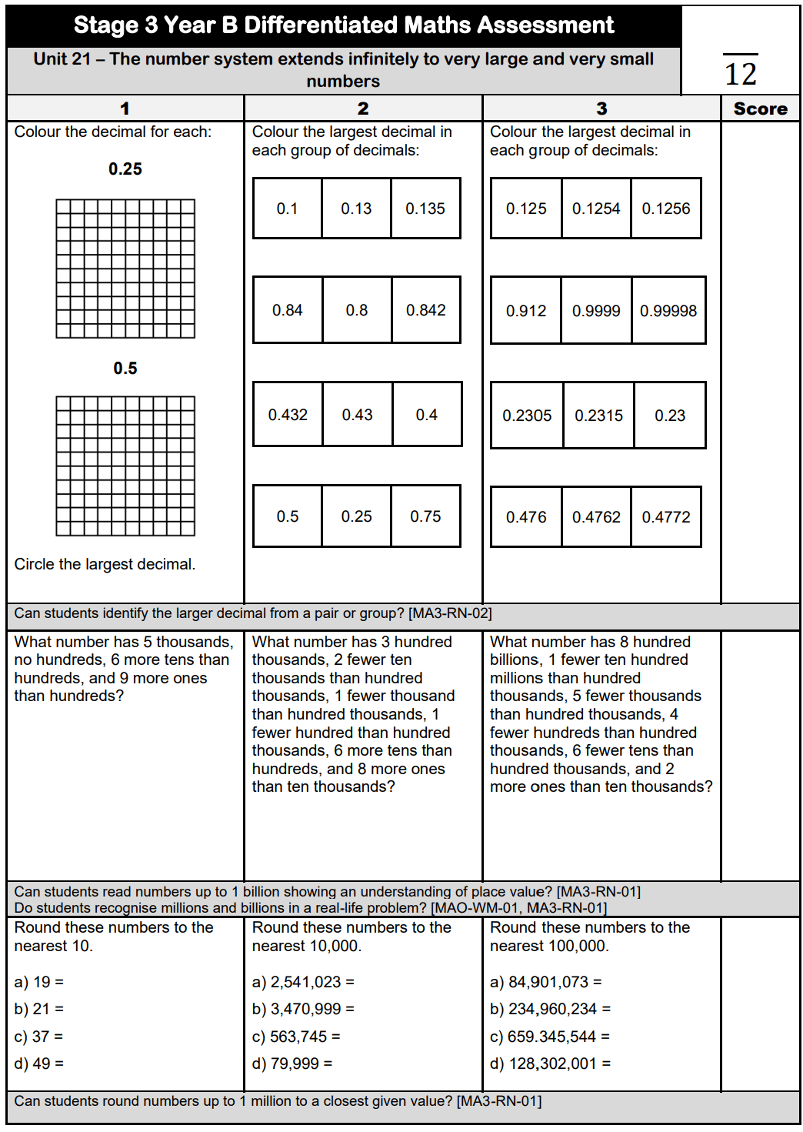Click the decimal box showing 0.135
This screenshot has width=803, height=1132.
425,209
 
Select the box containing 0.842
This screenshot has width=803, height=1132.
426,310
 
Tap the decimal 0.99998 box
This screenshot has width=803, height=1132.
668,311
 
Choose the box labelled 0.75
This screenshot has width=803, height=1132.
425,516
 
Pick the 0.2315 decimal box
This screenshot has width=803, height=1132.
598,416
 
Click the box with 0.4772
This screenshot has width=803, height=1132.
666,517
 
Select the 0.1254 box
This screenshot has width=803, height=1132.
596,209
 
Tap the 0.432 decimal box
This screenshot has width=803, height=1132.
288,415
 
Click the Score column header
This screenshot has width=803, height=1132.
760,109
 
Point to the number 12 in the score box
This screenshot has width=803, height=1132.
741,74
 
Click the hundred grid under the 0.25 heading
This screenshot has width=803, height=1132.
125,269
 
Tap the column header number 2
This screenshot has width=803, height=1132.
363,109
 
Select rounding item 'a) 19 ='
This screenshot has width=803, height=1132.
39,982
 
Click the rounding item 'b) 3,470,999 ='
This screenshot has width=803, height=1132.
303,1009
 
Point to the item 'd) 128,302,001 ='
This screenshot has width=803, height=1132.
550,1064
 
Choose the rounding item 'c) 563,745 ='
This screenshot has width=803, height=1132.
296,1037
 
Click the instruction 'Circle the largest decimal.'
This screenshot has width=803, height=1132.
105,564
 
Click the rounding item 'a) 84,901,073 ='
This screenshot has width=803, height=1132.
545,982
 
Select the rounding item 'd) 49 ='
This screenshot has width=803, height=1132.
39,1064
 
